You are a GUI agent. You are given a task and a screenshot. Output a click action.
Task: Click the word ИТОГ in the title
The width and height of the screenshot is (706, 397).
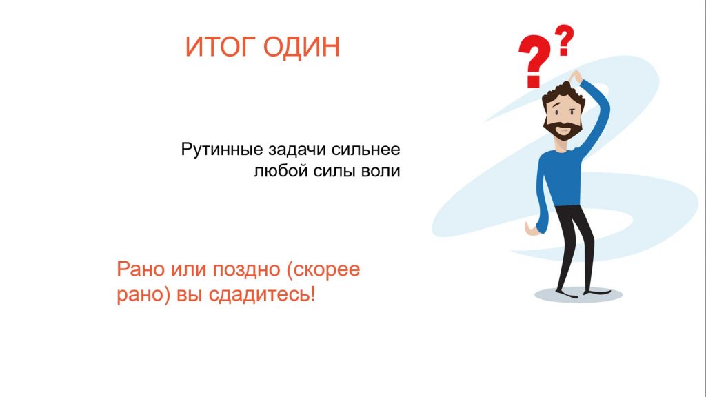220,47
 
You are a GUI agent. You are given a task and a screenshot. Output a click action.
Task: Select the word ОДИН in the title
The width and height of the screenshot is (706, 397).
301,48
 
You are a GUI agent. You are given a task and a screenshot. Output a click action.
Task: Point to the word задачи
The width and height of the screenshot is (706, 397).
298,149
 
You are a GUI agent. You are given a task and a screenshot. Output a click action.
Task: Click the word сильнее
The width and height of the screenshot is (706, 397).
365,149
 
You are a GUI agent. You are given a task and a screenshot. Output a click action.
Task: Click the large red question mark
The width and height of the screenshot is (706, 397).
534,61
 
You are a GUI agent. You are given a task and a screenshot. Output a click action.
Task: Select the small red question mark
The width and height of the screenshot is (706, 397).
564,40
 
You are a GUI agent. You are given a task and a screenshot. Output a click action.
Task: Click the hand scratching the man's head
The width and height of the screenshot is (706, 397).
575,76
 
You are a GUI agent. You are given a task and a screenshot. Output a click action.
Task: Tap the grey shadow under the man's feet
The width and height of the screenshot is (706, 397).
578,295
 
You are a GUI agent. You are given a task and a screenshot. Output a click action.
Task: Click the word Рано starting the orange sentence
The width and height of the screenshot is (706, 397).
141,269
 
